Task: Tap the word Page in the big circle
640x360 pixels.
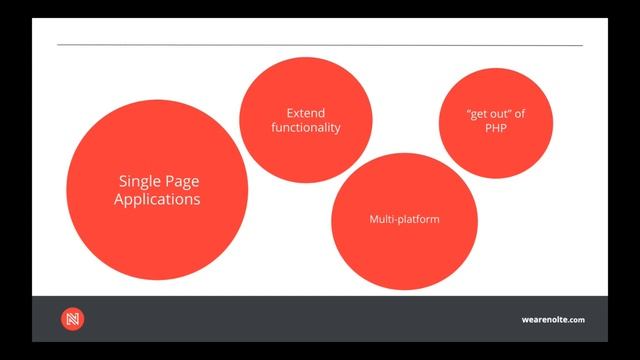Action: point(183,181)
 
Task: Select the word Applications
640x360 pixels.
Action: point(157,199)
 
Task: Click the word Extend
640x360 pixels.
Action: point(306,113)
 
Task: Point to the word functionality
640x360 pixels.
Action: point(306,127)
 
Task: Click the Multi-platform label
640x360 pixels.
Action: point(399,217)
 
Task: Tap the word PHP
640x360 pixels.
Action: point(496,128)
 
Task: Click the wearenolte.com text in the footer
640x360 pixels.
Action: point(553,320)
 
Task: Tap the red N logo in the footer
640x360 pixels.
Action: point(72,319)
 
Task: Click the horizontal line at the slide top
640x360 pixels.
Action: point(320,46)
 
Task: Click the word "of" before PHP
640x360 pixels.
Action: point(519,114)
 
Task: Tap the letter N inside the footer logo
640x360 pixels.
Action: point(72,319)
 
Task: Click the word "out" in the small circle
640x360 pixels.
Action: point(498,114)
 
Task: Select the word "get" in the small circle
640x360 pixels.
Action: point(477,114)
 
